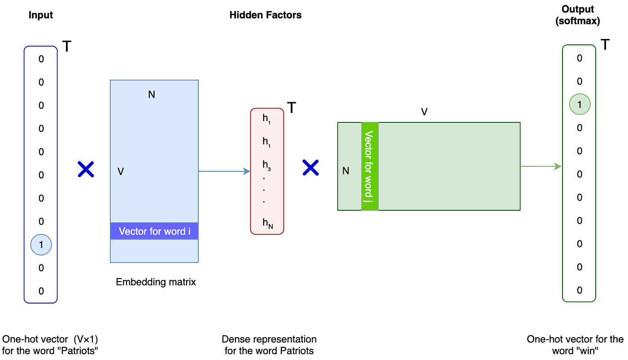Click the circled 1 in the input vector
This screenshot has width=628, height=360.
(41, 245)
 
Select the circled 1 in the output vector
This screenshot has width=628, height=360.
(580, 104)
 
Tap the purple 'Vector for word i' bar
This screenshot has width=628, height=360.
(154, 231)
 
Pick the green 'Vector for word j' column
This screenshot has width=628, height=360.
(370, 166)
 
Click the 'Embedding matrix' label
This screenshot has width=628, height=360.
(156, 282)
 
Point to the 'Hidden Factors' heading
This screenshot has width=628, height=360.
(265, 15)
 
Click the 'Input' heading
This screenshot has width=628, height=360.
(41, 15)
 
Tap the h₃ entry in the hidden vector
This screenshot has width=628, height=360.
(266, 165)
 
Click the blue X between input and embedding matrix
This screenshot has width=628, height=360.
(86, 169)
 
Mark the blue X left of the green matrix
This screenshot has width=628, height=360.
(310, 168)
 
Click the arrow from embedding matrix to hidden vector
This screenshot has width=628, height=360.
(224, 171)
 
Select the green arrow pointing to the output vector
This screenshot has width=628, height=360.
(541, 166)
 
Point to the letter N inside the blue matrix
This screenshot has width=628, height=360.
(152, 95)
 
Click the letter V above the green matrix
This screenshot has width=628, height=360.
(424, 112)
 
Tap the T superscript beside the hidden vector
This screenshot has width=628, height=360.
(291, 108)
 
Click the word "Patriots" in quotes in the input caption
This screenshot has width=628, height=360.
(80, 351)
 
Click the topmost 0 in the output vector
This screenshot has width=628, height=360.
(580, 58)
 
